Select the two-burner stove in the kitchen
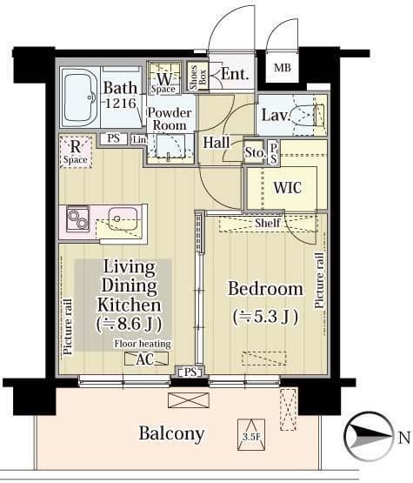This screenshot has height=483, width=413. click(x=78, y=219)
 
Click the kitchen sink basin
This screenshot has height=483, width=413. click(x=123, y=219)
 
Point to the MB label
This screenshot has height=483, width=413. click(x=283, y=68)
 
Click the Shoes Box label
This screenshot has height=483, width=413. click(x=198, y=77)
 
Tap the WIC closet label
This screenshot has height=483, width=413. click(x=288, y=188)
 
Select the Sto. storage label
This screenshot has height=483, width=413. click(x=255, y=152)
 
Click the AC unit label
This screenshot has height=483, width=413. click(x=145, y=359)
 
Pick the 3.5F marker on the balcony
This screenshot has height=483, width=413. click(x=251, y=436)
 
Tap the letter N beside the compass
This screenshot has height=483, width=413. click(x=404, y=438)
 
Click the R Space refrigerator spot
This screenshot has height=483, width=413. click(x=76, y=151)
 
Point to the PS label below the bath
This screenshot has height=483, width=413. click(x=114, y=138)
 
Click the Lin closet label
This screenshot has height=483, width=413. click(x=139, y=140)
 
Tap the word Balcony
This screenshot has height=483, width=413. click(x=172, y=434)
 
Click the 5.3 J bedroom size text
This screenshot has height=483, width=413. click(x=265, y=317)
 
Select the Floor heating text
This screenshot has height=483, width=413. click(x=143, y=344)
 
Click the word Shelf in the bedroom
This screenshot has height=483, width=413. click(x=268, y=223)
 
